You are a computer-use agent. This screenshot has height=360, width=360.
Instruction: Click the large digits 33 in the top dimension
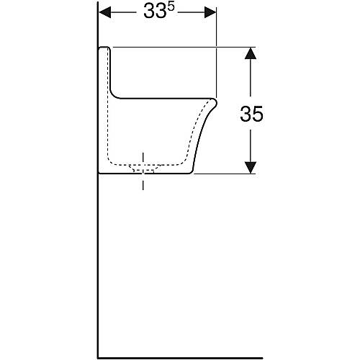tap(155, 12)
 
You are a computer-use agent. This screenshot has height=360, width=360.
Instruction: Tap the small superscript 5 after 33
tap(171, 6)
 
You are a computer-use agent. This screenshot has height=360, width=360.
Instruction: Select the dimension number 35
tap(251, 114)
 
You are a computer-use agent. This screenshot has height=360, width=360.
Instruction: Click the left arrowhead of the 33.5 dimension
tap(105, 12)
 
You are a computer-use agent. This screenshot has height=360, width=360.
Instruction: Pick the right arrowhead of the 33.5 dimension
tap(210, 12)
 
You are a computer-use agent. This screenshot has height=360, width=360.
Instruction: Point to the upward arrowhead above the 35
tap(251, 53)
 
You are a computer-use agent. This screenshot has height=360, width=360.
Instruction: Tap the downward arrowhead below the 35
tap(251, 168)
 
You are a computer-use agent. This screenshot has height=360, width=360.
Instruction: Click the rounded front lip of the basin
tap(214, 103)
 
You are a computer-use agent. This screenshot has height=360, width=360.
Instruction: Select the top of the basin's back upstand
tap(104, 48)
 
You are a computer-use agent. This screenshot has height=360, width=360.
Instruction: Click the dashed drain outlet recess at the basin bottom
tap(143, 168)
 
